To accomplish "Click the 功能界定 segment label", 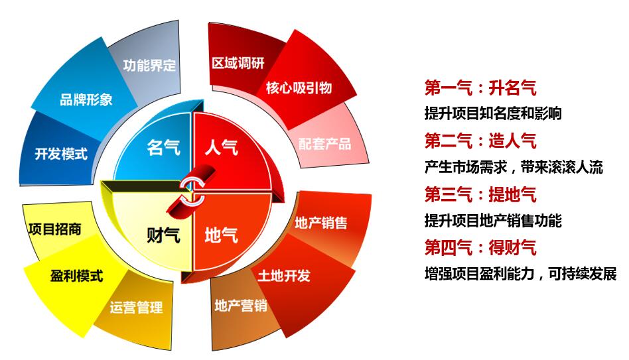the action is (149, 65).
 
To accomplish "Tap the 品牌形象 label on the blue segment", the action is (86, 99).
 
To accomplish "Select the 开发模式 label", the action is (61, 153).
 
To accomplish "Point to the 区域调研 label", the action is (238, 62).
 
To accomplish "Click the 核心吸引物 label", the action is (299, 88).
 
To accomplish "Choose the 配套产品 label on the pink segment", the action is (324, 143).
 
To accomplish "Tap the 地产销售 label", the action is (321, 223).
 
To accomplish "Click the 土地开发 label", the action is (283, 275).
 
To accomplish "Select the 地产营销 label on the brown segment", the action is (241, 306).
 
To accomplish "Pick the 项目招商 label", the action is (54, 229).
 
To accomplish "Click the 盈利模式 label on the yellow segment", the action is (76, 275).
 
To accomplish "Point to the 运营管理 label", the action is (137, 307).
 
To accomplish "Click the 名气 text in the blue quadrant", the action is (163, 147).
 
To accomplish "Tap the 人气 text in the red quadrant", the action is (222, 147).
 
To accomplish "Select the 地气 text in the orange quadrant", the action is (222, 235).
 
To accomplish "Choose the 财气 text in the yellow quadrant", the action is (163, 235).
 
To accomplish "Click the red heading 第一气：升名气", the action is (480, 88).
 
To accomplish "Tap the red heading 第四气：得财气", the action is (480, 247).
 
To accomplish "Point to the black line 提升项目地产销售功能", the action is (493, 221).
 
